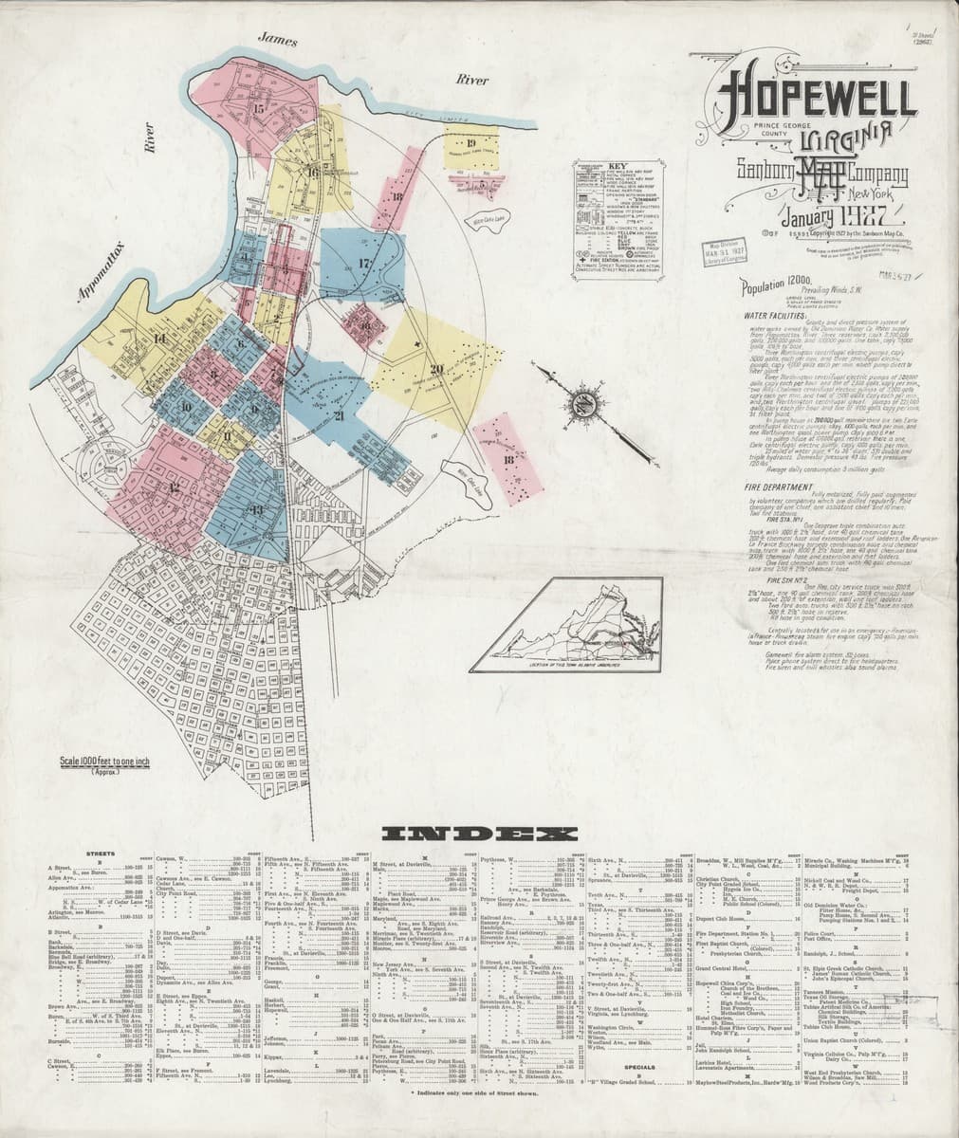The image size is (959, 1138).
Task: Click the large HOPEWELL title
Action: [816, 97]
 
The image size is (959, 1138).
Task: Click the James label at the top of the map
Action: [277, 40]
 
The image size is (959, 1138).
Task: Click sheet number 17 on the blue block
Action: [363, 263]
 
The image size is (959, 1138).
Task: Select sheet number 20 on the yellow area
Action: [436, 369]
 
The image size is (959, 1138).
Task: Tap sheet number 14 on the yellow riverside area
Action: [158, 340]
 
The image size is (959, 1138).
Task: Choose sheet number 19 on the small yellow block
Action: [470, 144]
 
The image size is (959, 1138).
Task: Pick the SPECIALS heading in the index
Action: [641, 1065]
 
